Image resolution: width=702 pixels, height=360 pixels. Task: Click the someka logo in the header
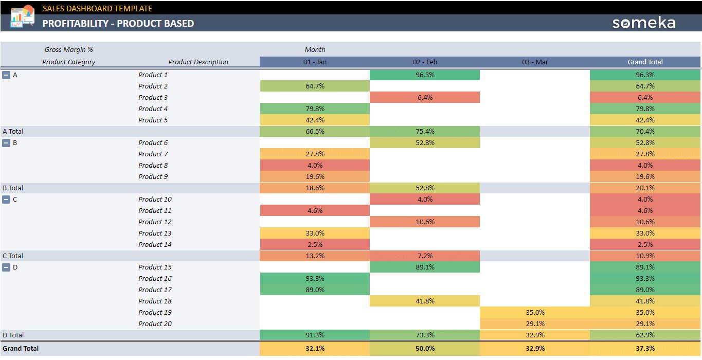pyautogui.click(x=643, y=23)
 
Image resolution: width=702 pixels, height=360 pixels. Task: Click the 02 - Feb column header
pyautogui.click(x=424, y=62)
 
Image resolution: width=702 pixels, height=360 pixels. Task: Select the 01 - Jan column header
pyautogui.click(x=315, y=62)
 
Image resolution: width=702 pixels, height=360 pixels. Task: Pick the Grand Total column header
pyautogui.click(x=645, y=62)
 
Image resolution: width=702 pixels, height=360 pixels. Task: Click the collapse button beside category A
pyautogui.click(x=6, y=75)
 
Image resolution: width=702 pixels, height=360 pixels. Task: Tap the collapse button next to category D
pyautogui.click(x=6, y=267)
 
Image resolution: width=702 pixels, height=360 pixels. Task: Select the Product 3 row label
pyautogui.click(x=153, y=97)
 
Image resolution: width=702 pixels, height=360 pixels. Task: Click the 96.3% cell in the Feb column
pyautogui.click(x=424, y=75)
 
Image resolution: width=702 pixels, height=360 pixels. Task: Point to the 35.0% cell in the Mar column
pyautogui.click(x=535, y=312)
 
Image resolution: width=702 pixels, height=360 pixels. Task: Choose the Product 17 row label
pyautogui.click(x=155, y=290)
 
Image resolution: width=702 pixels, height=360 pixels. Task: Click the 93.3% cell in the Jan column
pyautogui.click(x=315, y=278)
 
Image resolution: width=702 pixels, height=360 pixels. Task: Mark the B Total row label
pyautogui.click(x=13, y=188)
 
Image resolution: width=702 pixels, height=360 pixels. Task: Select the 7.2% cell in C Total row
pyautogui.click(x=424, y=256)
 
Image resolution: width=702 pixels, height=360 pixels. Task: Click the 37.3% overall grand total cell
pyautogui.click(x=645, y=348)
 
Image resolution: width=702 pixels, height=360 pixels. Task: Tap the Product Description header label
pyautogui.click(x=198, y=62)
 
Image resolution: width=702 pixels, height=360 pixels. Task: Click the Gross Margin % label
pyautogui.click(x=68, y=49)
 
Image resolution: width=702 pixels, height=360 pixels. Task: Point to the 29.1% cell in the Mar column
pyautogui.click(x=535, y=323)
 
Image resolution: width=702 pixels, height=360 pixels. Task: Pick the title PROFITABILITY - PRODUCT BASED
pyautogui.click(x=118, y=23)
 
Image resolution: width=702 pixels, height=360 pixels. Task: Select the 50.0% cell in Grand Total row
pyautogui.click(x=424, y=348)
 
